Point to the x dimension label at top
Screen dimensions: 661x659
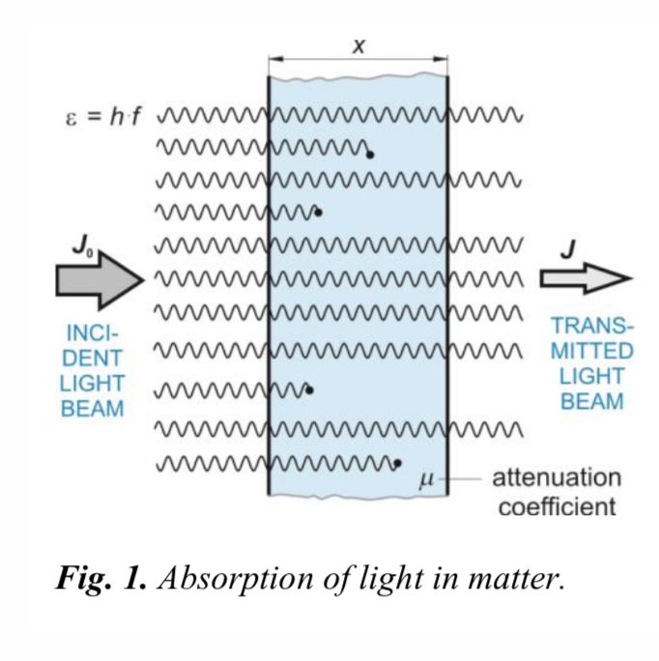tap(358, 46)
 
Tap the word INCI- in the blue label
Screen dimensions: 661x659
tap(92, 332)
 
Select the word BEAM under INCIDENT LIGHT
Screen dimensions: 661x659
tap(92, 408)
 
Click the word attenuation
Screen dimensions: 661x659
tap(557, 477)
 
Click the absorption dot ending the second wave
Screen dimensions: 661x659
tap(371, 153)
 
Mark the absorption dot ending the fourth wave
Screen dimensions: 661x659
tap(319, 212)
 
